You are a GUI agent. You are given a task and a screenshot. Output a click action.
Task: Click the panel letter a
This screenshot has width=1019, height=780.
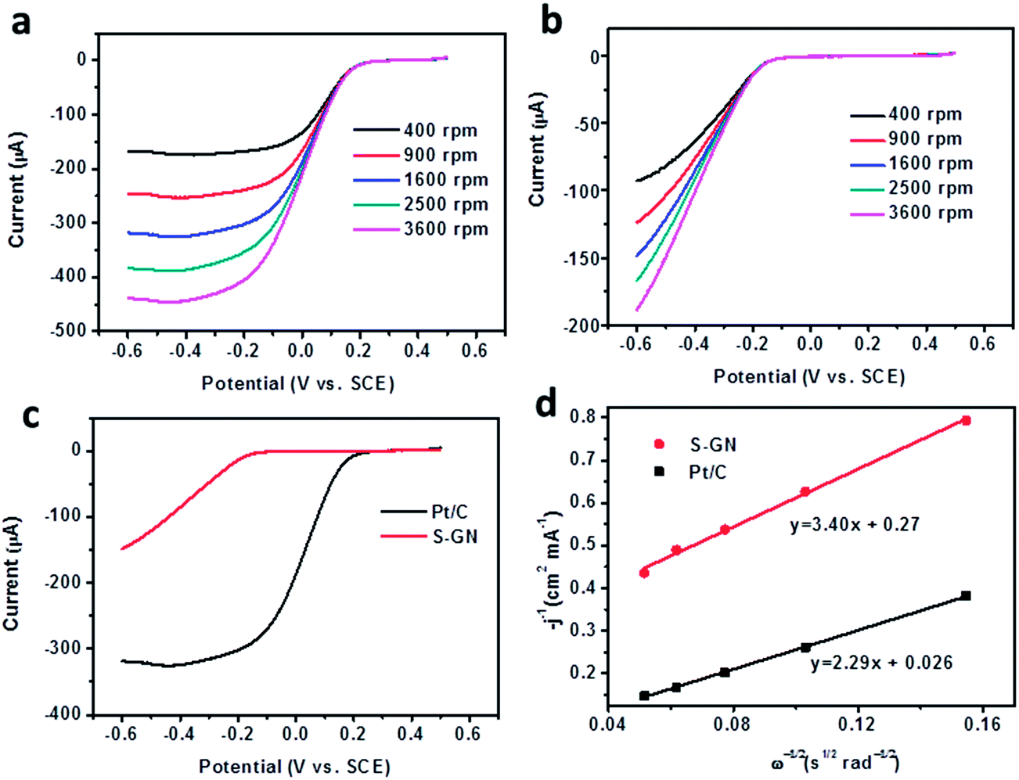click(21, 23)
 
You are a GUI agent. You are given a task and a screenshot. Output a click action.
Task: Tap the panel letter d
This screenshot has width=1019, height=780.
click(546, 406)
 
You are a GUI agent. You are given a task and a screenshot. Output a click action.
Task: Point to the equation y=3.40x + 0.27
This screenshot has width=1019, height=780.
click(854, 525)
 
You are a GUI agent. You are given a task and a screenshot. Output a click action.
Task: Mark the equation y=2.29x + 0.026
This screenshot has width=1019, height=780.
click(881, 663)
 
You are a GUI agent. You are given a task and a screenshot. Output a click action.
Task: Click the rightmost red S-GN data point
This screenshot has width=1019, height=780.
click(967, 421)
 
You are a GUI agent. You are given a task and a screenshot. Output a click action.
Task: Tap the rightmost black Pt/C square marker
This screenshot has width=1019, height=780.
click(967, 596)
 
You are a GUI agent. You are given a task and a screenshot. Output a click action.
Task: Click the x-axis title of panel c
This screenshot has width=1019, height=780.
click(294, 766)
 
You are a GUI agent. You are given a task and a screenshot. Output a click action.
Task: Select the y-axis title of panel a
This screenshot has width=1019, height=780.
click(17, 190)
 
